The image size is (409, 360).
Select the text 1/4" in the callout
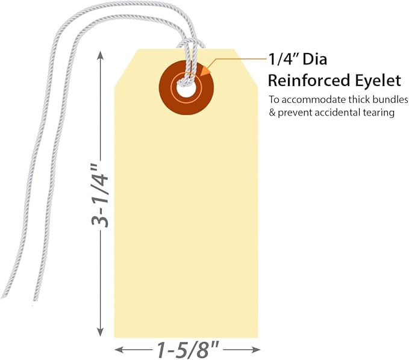pyautogui.click(x=283, y=60)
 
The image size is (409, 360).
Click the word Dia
pyautogui.click(x=314, y=60)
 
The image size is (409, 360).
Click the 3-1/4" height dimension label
pyautogui.click(x=99, y=195)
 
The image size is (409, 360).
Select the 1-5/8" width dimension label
pyautogui.click(x=187, y=350)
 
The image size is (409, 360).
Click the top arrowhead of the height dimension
pyautogui.click(x=100, y=55)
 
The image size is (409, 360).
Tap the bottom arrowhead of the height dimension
pyautogui.click(x=100, y=332)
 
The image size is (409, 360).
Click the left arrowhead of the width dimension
pyautogui.click(x=119, y=350)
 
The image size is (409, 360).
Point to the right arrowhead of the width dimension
pyautogui.click(x=256, y=350)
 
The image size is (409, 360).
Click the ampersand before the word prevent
pyautogui.click(x=272, y=113)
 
